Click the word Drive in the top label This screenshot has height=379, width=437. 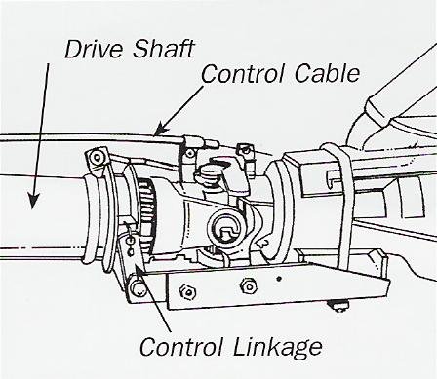[x=95, y=49]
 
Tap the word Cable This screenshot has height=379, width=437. [x=327, y=73]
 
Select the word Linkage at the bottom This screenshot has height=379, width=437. [x=278, y=347]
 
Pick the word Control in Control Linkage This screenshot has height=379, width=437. [x=181, y=346]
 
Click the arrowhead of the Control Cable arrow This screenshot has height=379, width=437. [x=161, y=130]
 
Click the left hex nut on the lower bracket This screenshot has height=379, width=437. [x=188, y=290]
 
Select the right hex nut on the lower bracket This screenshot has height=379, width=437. [x=248, y=286]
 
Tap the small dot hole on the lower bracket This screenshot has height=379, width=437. [x=279, y=279]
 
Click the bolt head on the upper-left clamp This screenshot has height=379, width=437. [x=97, y=158]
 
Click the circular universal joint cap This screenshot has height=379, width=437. [x=227, y=227]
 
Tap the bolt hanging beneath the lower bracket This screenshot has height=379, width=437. [x=338, y=305]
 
